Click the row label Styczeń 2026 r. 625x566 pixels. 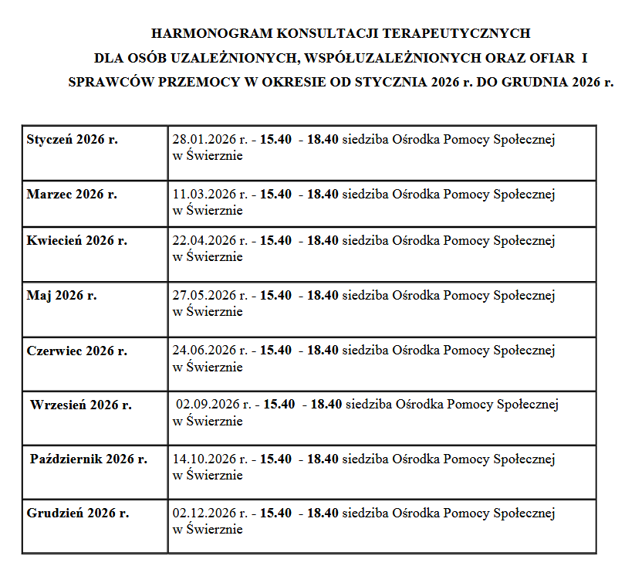(x=72, y=140)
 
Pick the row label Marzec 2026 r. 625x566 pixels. (x=72, y=195)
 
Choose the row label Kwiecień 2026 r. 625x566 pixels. (x=76, y=241)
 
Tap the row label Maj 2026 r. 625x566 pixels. (x=62, y=296)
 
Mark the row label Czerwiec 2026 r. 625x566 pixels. (x=76, y=351)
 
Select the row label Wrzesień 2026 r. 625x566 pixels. (x=81, y=405)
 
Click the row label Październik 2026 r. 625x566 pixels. (x=89, y=459)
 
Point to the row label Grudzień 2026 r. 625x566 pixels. (x=77, y=513)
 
